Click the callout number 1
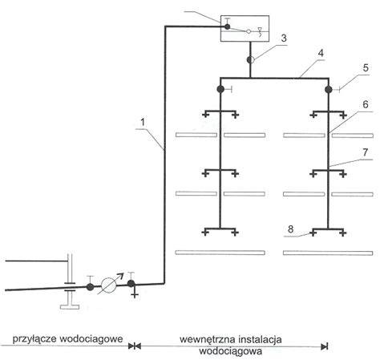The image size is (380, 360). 143,122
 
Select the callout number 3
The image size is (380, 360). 284,38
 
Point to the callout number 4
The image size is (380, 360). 321,53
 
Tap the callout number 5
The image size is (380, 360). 366,67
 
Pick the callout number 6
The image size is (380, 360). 366,104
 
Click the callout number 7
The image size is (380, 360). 366,152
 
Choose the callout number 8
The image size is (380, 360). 290,229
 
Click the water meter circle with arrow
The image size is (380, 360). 110,285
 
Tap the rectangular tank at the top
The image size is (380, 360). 245,29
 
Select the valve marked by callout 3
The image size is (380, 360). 250,60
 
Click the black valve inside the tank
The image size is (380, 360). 227,26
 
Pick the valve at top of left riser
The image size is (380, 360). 220,89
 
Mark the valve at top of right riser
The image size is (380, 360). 329,90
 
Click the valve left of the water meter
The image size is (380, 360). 91,287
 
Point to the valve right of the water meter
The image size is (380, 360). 131,283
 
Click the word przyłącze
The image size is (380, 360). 34,339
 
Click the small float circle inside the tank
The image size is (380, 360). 249,31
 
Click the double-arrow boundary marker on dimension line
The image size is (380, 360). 135,346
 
